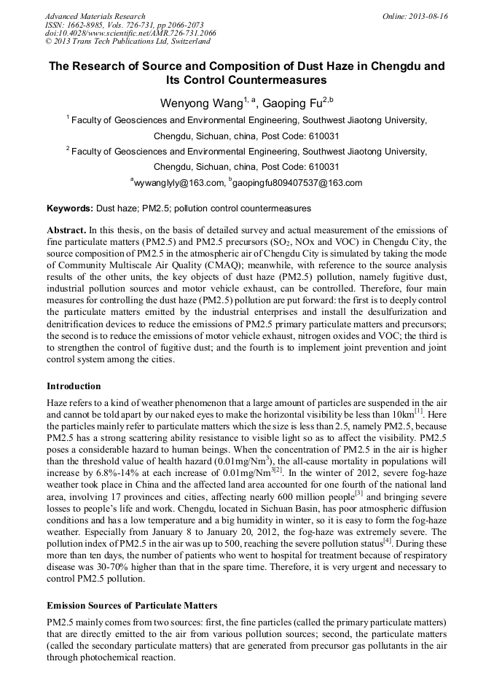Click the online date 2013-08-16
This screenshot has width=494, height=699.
click(x=428, y=16)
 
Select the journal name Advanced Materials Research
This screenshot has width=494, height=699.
click(x=95, y=16)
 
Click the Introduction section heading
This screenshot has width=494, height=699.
click(x=74, y=386)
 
